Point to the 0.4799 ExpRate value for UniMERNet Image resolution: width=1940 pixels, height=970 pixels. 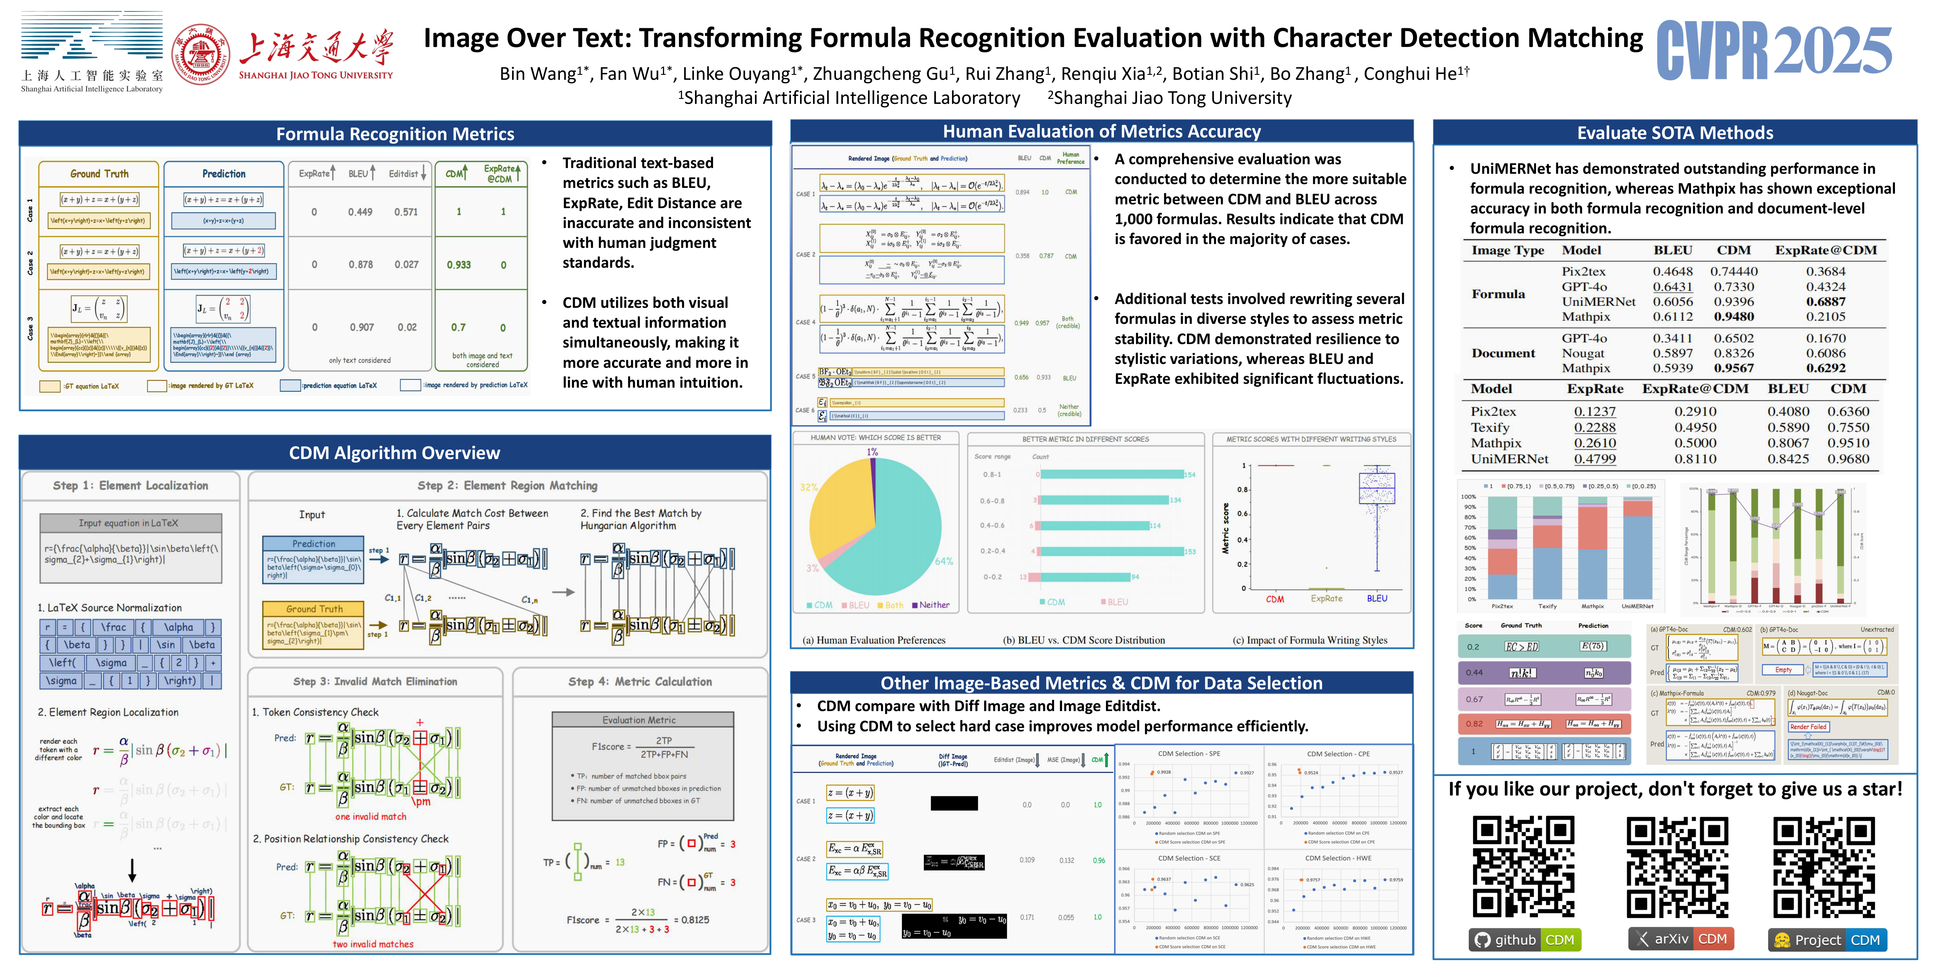[x=1594, y=459]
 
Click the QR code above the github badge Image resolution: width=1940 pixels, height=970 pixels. [x=1523, y=867]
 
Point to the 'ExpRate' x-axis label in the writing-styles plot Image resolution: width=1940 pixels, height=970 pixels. [x=1326, y=599]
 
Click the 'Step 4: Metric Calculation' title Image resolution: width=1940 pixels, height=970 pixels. [x=639, y=682]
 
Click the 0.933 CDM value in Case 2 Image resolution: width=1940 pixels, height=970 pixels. [x=459, y=265]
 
